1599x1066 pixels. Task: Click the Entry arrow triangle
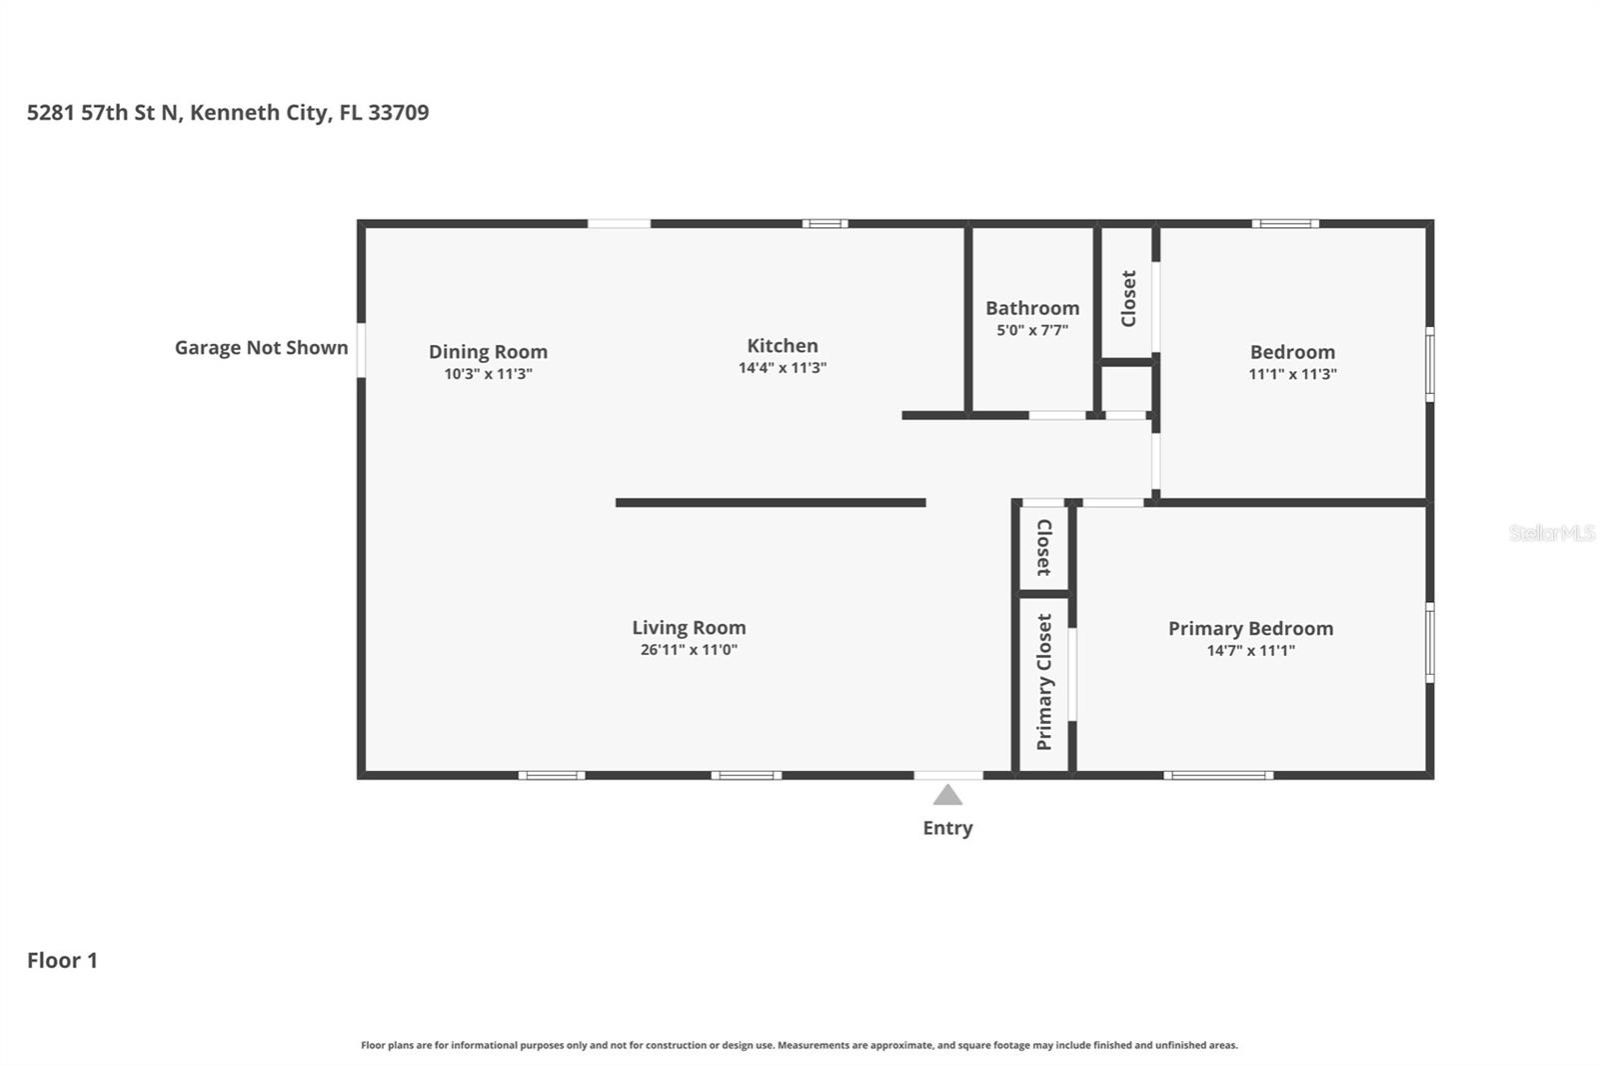tap(947, 795)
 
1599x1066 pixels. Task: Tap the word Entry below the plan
tap(947, 828)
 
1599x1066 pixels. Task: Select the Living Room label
tap(689, 627)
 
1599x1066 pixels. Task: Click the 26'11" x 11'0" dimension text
tap(689, 650)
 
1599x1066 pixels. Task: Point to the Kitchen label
tap(783, 345)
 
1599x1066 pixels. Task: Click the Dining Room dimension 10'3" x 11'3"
tap(488, 374)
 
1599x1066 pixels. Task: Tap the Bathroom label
tap(1032, 308)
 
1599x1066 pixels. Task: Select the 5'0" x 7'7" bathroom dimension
tap(1032, 330)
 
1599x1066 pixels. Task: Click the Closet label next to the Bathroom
tap(1128, 298)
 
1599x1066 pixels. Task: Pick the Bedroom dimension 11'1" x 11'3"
tap(1292, 374)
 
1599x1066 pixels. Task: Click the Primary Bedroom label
tap(1250, 628)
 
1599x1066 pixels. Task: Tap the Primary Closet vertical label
tap(1044, 682)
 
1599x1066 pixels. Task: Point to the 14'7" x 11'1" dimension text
tap(1250, 651)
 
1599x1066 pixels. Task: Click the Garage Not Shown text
tap(261, 347)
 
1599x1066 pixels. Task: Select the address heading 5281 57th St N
tap(228, 112)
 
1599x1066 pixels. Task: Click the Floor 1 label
tap(62, 960)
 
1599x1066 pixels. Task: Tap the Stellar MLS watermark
tap(1551, 533)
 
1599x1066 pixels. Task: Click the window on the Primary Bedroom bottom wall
tap(1218, 775)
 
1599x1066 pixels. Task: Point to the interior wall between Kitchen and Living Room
tap(770, 503)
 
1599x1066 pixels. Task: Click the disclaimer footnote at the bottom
tap(799, 1045)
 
